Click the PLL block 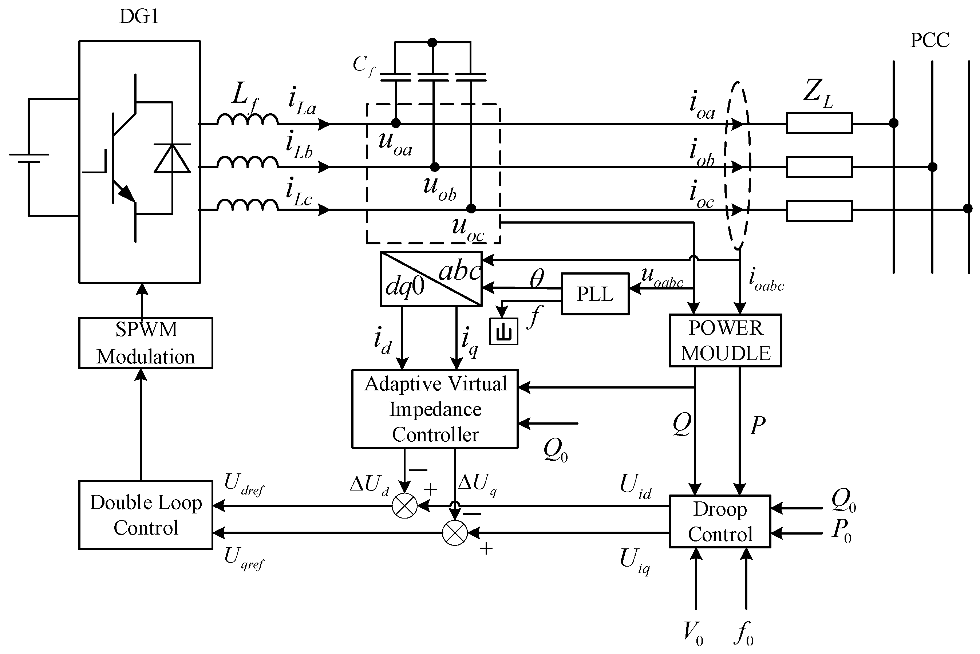point(594,294)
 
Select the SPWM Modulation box point(146,343)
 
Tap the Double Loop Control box point(146,515)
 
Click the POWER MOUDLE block point(725,340)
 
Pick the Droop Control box point(719,521)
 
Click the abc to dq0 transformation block point(431,279)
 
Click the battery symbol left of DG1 point(29,158)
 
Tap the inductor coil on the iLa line point(247,120)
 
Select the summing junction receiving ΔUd point(404,506)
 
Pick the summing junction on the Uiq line point(454,533)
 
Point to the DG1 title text point(139,17)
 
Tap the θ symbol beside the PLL point(537,278)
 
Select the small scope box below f point(503,332)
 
